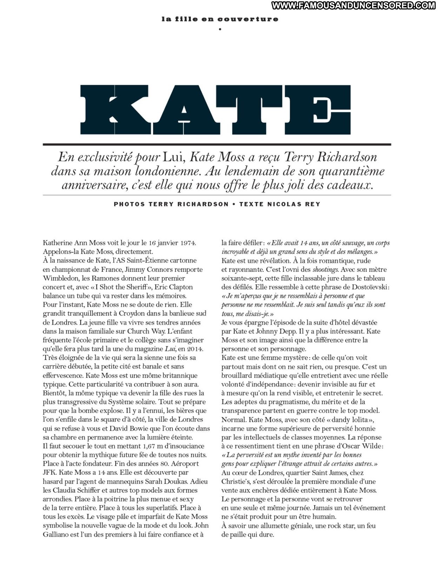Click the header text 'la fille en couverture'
click(x=220, y=19)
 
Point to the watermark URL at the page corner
click(x=353, y=5)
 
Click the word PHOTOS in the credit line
click(x=129, y=204)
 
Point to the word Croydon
click(x=132, y=313)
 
